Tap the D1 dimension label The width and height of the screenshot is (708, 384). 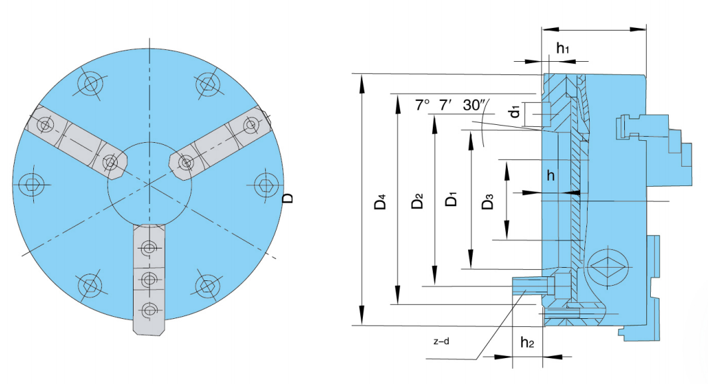tap(452, 198)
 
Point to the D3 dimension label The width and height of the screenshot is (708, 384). tap(488, 201)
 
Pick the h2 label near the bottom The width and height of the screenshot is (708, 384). tap(527, 343)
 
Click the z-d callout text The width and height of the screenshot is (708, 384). tap(441, 342)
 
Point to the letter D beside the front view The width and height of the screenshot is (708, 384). tap(288, 198)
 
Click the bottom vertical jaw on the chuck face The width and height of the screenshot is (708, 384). tap(149, 279)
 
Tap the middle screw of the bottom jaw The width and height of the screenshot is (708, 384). tap(148, 278)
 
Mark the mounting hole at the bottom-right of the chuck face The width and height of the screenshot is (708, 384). tap(207, 286)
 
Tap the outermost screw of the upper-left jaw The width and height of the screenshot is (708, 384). tap(45, 124)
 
